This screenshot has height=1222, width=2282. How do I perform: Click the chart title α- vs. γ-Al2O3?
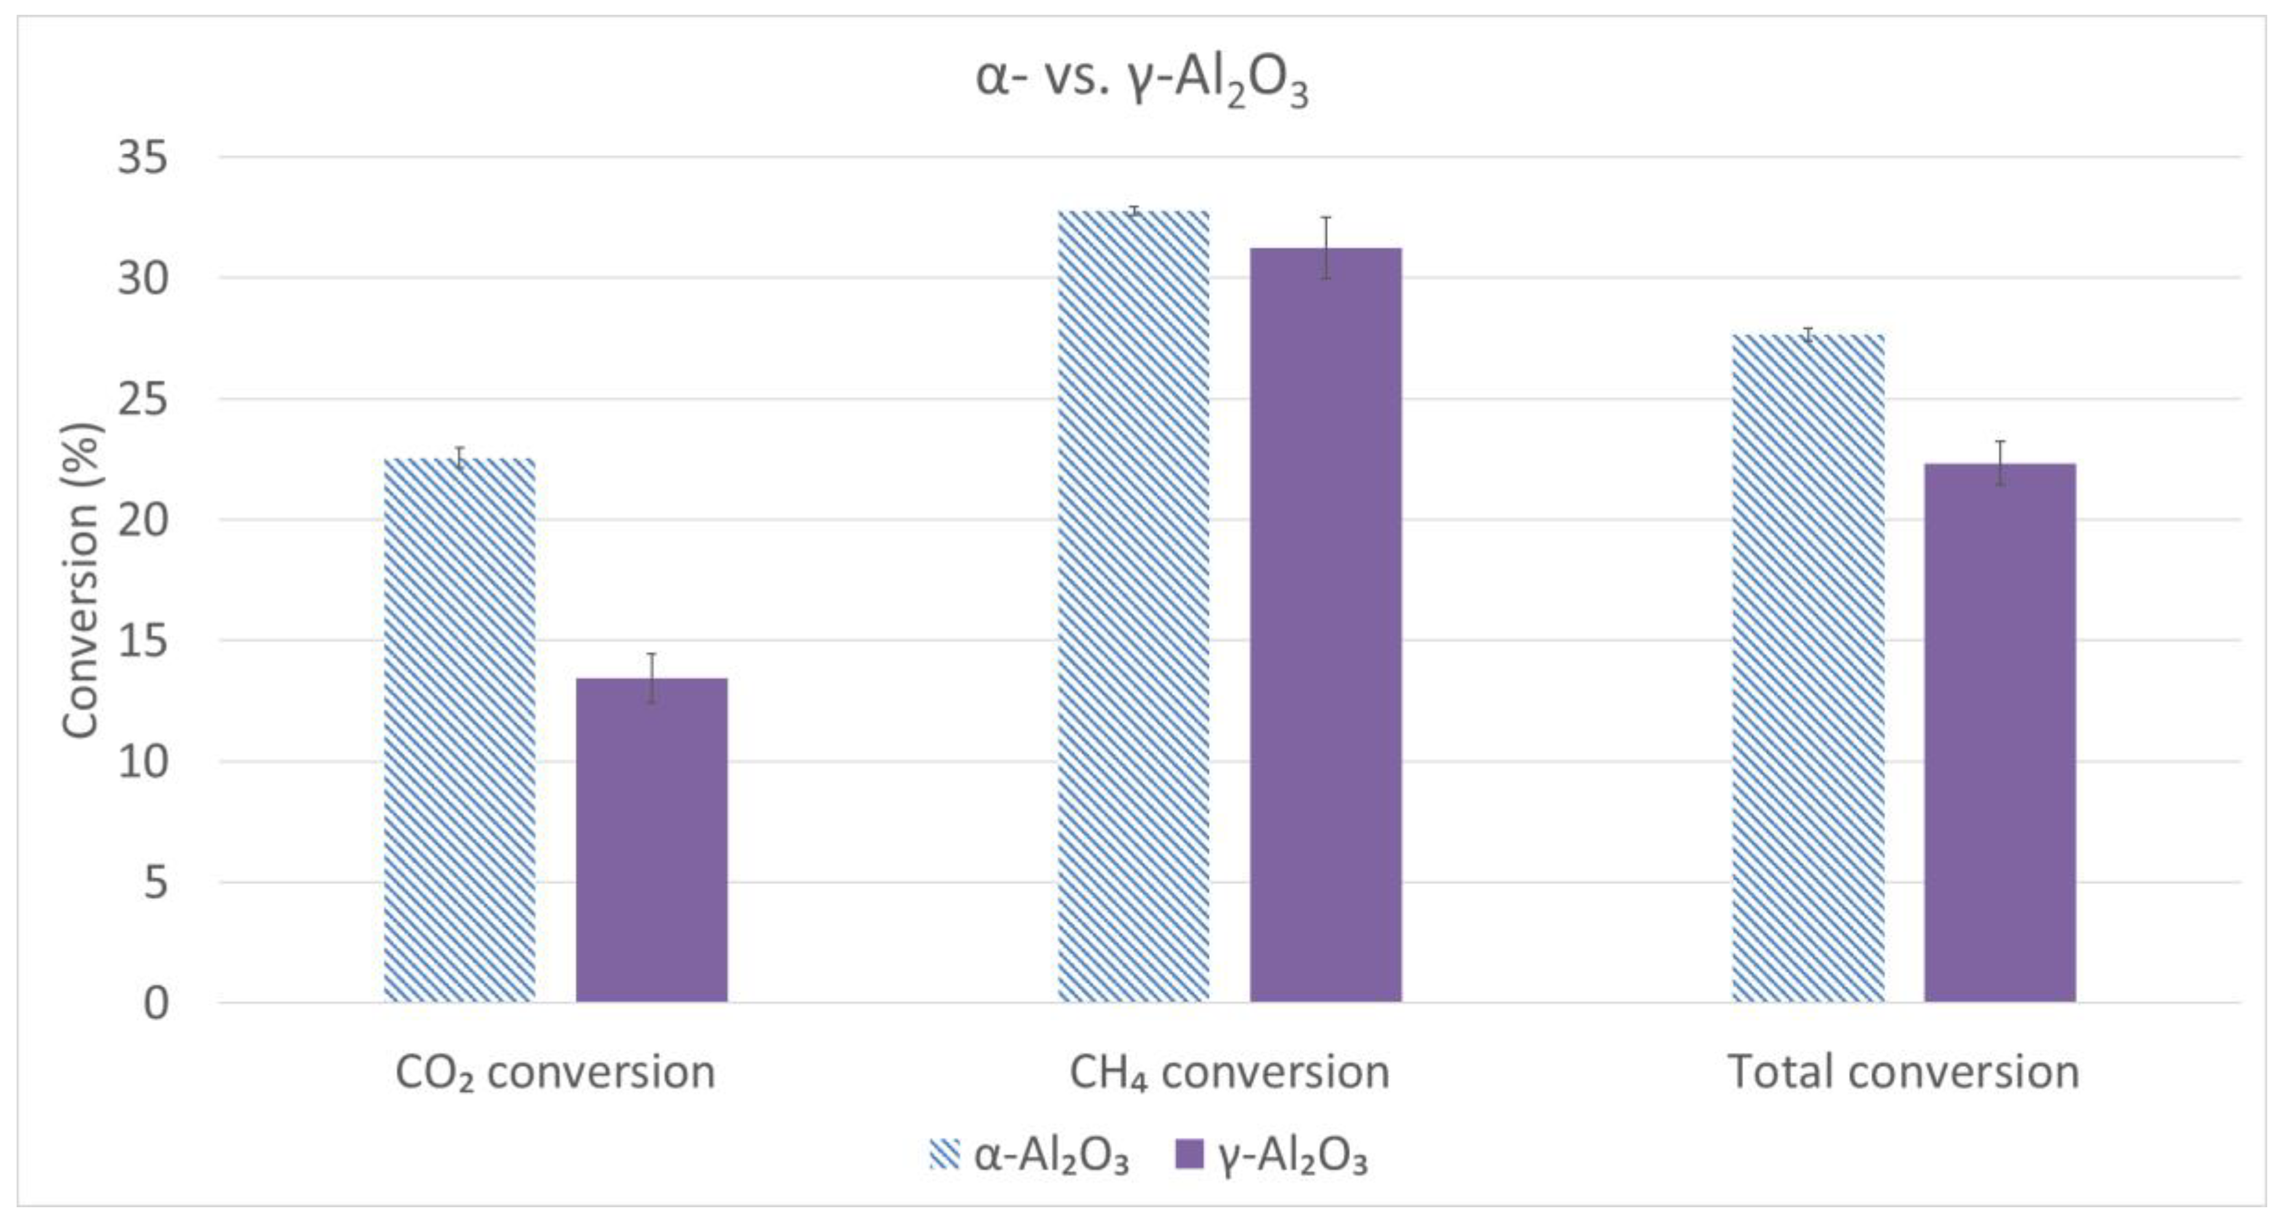1141,81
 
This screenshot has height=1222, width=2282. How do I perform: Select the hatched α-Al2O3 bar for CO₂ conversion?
459,730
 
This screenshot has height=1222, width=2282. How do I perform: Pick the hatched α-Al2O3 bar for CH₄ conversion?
1133,607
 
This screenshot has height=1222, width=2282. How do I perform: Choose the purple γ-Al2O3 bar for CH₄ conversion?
1326,625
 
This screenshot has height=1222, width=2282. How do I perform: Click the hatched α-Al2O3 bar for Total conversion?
1808,668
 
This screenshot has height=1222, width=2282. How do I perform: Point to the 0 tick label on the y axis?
155,1004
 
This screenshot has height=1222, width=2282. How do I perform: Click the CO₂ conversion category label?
555,1073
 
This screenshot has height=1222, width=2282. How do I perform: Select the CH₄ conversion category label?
1229,1073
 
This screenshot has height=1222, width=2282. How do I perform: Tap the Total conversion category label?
1904,1072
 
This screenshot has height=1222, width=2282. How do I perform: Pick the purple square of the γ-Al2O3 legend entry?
1189,1155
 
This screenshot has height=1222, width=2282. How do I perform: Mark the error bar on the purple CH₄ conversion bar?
1326,247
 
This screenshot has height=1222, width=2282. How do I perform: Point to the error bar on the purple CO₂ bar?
652,678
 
